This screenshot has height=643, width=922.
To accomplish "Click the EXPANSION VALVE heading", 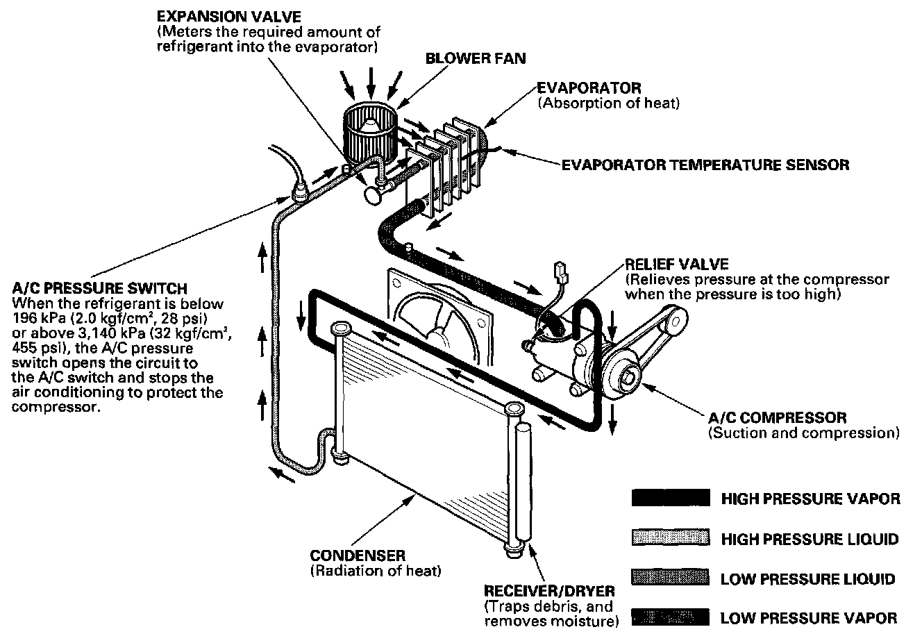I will pos(228,15).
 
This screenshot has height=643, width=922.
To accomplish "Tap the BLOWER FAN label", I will pos(475,58).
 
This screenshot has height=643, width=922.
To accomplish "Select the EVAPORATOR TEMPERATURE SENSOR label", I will pos(705,165).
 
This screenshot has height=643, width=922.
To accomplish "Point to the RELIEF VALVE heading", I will pos(676,265).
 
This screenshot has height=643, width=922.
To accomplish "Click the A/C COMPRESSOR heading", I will pos(777,418).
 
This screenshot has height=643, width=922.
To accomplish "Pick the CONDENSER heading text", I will pos(358,556).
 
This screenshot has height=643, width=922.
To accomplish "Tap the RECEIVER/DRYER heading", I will pos(548,591).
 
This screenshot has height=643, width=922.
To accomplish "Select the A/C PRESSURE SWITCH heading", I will pos(99,288).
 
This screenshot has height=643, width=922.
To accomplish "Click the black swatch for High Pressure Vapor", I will pos(670,498).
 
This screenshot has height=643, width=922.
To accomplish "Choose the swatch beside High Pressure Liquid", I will pos(670,538).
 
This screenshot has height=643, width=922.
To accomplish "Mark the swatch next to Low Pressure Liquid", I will pos(670,578).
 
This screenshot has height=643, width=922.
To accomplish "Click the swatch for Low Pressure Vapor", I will pos(670,617).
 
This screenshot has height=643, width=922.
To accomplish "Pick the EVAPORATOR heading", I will pos(589,88).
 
